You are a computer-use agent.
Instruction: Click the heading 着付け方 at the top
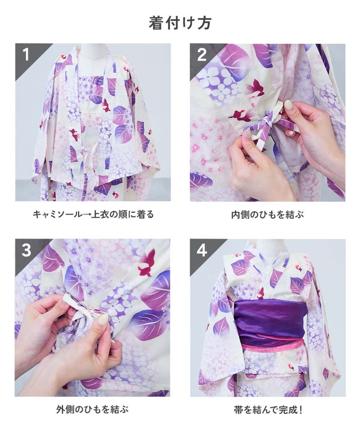[180, 23]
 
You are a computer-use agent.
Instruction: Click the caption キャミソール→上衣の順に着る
[93, 214]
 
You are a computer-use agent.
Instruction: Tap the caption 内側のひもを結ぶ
[267, 214]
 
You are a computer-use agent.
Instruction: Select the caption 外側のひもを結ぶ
[93, 409]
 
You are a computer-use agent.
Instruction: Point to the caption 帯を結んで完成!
[268, 409]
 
